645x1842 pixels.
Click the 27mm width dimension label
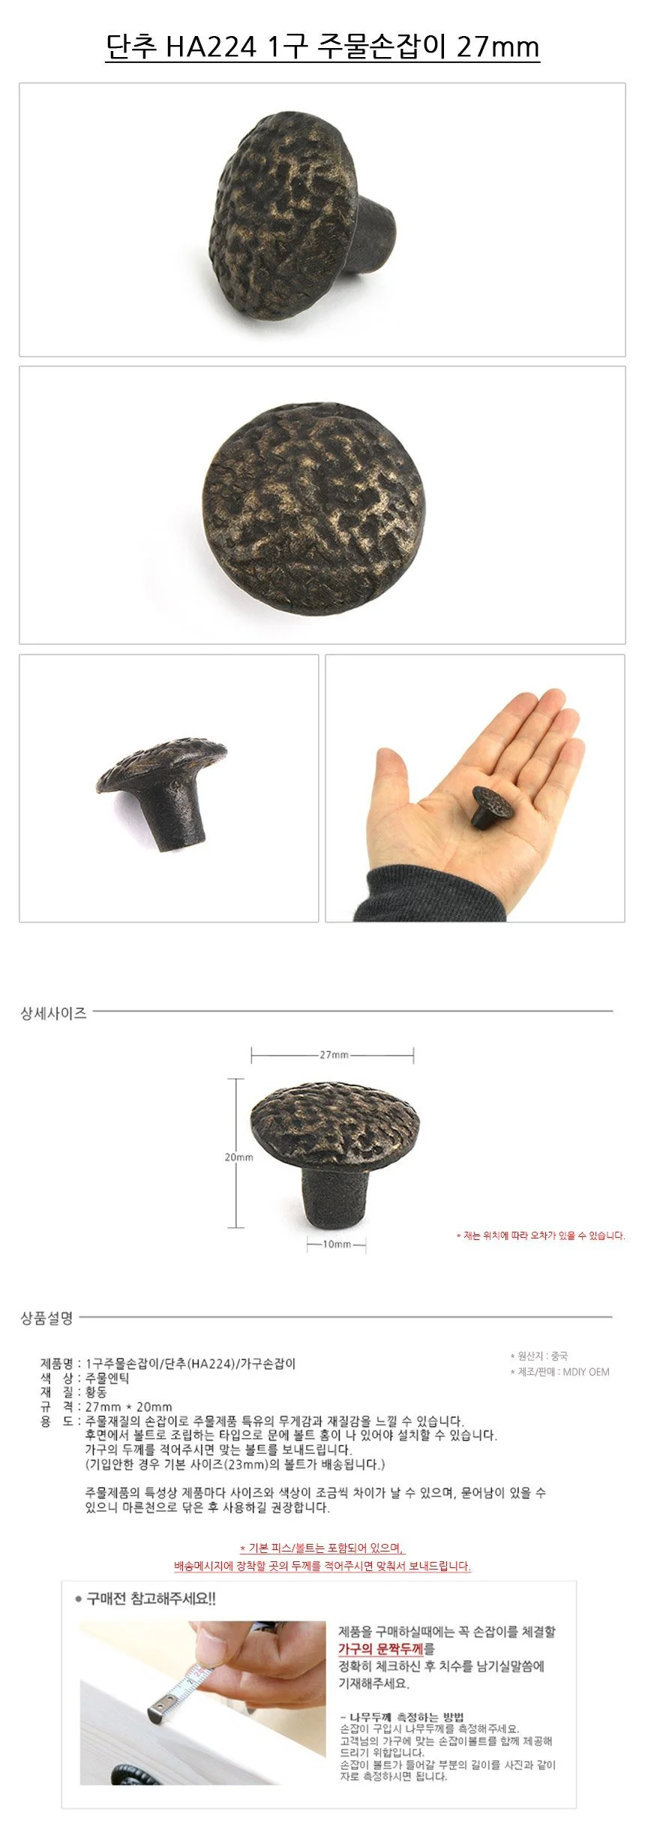click(x=334, y=1055)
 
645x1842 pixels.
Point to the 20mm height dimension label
click(x=238, y=1157)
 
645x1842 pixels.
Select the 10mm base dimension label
click(x=337, y=1244)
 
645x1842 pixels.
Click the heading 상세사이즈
click(x=53, y=1013)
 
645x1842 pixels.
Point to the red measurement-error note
click(x=540, y=1236)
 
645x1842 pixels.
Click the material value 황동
click(x=97, y=1392)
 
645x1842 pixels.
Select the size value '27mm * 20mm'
click(x=129, y=1407)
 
